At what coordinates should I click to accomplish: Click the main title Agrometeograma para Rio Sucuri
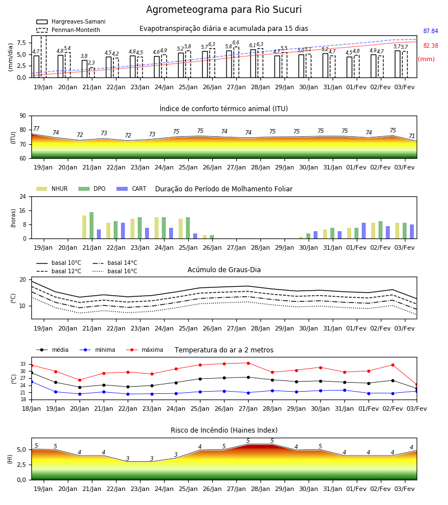click(223, 10)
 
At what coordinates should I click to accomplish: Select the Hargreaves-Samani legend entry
click(71, 21)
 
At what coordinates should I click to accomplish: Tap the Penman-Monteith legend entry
click(68, 30)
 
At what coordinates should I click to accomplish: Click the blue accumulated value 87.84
click(431, 31)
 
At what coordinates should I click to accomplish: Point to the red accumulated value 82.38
click(431, 46)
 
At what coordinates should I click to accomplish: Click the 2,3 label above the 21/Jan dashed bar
click(91, 63)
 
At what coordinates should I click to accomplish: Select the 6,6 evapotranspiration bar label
click(236, 43)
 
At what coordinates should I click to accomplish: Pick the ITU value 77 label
click(36, 129)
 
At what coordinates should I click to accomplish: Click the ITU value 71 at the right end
click(412, 136)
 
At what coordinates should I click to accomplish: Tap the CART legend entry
click(132, 189)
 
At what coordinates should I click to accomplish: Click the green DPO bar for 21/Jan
click(92, 226)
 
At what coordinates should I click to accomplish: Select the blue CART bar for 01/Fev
click(364, 231)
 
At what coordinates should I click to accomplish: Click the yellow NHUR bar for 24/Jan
click(156, 228)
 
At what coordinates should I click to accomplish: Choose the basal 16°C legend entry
click(115, 271)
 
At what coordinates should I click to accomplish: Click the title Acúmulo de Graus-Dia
click(224, 270)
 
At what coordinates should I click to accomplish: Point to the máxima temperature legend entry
click(144, 350)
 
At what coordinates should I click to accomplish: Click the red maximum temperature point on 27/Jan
click(248, 363)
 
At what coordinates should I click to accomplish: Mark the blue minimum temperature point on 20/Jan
click(80, 394)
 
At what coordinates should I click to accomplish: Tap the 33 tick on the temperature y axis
click(23, 364)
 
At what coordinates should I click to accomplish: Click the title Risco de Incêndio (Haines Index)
click(224, 430)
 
